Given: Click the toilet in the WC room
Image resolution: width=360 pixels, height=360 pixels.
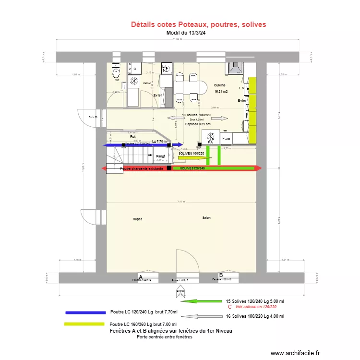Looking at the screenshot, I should click(115, 72).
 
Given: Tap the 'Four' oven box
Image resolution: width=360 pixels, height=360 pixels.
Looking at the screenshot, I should click(226, 139).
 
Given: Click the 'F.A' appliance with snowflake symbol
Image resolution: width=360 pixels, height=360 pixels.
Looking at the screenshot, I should click(210, 138).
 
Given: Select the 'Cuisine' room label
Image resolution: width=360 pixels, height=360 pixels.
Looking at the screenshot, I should click(220, 85).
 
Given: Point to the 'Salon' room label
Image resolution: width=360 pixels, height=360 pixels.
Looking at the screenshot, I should click(206, 218).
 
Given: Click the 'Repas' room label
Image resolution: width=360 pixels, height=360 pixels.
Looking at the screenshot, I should click(137, 219).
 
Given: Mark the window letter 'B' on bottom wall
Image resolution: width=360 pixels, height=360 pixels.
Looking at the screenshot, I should click(221, 275).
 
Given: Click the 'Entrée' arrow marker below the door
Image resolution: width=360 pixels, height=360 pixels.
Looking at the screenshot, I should click(180, 291).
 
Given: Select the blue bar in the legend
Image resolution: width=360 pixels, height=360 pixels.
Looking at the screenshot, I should click(85, 312).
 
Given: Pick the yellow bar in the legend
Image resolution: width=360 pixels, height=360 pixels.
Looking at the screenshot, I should click(84, 324).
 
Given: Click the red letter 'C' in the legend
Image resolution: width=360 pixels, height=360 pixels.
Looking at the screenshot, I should click(229, 306).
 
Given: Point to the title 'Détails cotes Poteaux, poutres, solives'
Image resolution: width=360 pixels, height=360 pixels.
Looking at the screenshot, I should click(198, 24).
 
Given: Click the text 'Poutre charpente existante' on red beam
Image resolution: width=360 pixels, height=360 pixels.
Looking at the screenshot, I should click(138, 168).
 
